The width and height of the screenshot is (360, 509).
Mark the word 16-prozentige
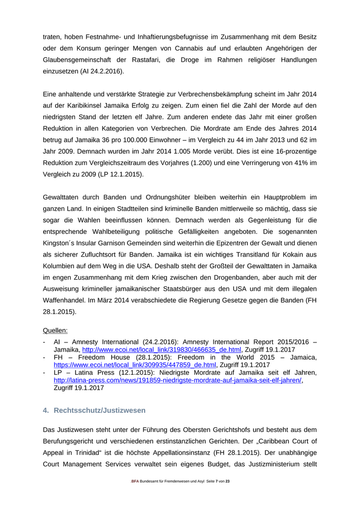point(296,151)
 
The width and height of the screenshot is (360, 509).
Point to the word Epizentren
point(232,243)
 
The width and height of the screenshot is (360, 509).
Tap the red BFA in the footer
point(135,481)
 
